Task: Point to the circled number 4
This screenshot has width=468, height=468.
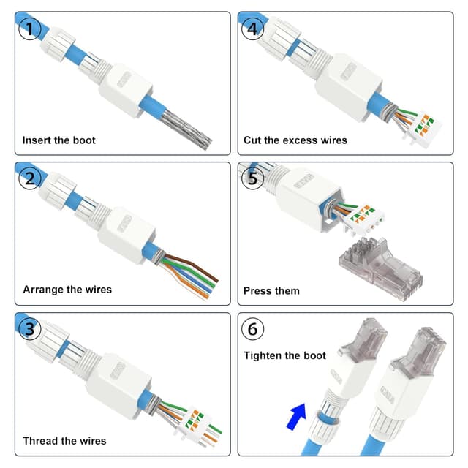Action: [252, 30]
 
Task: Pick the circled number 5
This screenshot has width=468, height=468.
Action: [252, 179]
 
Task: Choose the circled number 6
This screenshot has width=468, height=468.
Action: [252, 330]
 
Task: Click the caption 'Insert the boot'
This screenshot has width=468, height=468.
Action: [58, 140]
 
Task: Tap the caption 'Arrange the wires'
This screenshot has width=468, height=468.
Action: [67, 290]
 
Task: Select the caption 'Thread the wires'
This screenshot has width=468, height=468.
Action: [64, 440]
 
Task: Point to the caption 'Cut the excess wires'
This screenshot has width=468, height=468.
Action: [295, 140]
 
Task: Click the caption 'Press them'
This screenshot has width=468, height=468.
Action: [271, 290]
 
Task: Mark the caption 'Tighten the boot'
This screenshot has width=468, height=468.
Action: [284, 355]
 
